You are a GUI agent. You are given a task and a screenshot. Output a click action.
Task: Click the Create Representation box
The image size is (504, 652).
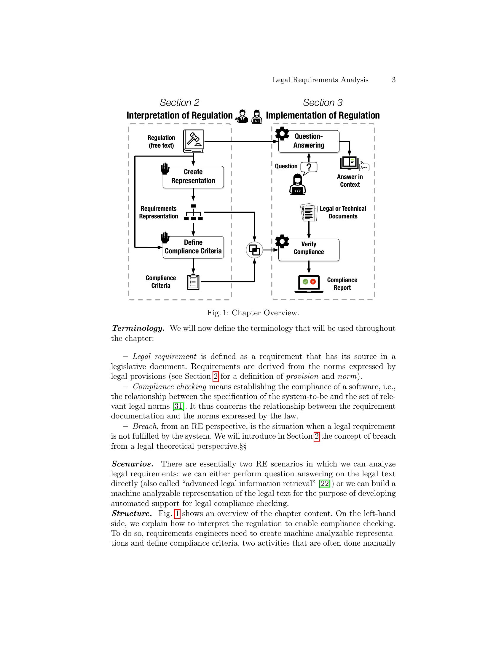tap(193, 177)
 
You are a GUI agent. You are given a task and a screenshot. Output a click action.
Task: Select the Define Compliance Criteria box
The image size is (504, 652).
tap(193, 247)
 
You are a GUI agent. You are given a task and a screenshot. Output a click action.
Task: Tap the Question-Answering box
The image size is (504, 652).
tap(309, 141)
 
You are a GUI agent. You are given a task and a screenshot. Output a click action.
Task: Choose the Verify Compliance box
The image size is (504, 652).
tap(309, 250)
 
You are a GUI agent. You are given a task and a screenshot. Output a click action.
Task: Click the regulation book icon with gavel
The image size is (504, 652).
tap(194, 141)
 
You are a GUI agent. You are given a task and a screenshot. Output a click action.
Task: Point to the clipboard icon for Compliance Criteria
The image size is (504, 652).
tap(193, 282)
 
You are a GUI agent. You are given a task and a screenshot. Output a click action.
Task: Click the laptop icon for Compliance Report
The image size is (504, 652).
tap(309, 284)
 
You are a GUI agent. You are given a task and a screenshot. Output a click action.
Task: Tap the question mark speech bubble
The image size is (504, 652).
tap(309, 168)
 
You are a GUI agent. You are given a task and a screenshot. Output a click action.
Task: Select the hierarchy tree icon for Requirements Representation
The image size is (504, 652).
tap(193, 212)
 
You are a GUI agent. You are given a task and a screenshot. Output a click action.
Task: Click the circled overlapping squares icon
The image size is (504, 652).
tap(254, 250)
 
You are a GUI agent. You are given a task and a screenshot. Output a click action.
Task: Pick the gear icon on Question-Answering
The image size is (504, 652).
tap(282, 133)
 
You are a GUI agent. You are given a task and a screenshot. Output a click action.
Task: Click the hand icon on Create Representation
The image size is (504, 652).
tap(165, 169)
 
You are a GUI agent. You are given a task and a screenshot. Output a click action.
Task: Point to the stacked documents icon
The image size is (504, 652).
tap(309, 212)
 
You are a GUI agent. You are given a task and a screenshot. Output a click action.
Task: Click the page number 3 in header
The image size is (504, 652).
tap(394, 80)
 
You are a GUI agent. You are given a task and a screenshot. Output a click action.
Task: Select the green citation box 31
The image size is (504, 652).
tap(178, 406)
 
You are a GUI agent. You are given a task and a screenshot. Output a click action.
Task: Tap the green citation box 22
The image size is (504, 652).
tap(325, 484)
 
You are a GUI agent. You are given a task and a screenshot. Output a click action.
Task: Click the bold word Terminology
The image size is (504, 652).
tap(138, 328)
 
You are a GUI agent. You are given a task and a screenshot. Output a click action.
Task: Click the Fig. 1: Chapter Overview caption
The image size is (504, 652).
tap(253, 313)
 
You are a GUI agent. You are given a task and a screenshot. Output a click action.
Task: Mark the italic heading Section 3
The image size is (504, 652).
tap(323, 103)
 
